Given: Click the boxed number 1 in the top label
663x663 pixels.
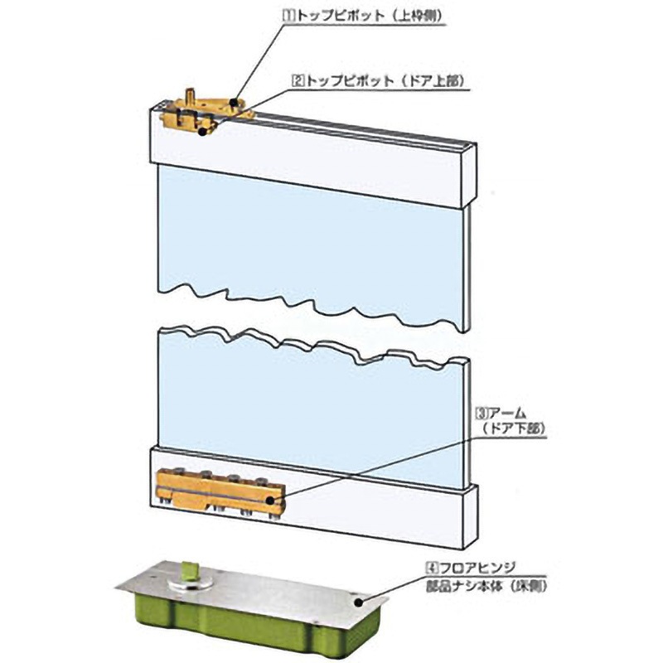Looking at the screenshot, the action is pos(288,16).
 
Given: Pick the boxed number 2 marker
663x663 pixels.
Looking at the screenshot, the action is pos(298,80).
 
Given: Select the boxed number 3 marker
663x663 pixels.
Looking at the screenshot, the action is pos(482,412).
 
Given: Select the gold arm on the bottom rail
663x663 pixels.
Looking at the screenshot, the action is pos(220,492).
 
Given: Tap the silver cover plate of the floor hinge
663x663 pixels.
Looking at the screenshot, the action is pos(254,586).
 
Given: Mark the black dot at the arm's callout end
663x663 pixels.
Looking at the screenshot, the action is pos(270,501).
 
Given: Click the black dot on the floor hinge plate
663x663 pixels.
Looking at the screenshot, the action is pos(359,602).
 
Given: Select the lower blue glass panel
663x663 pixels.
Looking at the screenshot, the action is pos(311,406).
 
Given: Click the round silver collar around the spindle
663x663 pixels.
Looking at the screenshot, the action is pos(190,583).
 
